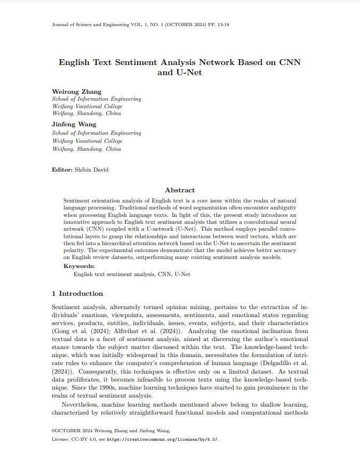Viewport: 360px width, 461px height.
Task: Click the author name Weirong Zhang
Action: click(x=76, y=92)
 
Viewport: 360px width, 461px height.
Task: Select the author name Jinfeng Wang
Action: click(x=74, y=124)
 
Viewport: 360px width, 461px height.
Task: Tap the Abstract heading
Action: click(x=180, y=190)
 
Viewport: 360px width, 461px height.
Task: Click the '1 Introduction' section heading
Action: click(x=77, y=294)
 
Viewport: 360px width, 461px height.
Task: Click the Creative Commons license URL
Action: click(x=162, y=439)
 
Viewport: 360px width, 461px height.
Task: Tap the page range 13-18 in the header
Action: click(x=221, y=25)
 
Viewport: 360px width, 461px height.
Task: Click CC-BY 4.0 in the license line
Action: click(x=83, y=439)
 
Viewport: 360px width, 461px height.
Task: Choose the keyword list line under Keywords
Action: click(x=131, y=274)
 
